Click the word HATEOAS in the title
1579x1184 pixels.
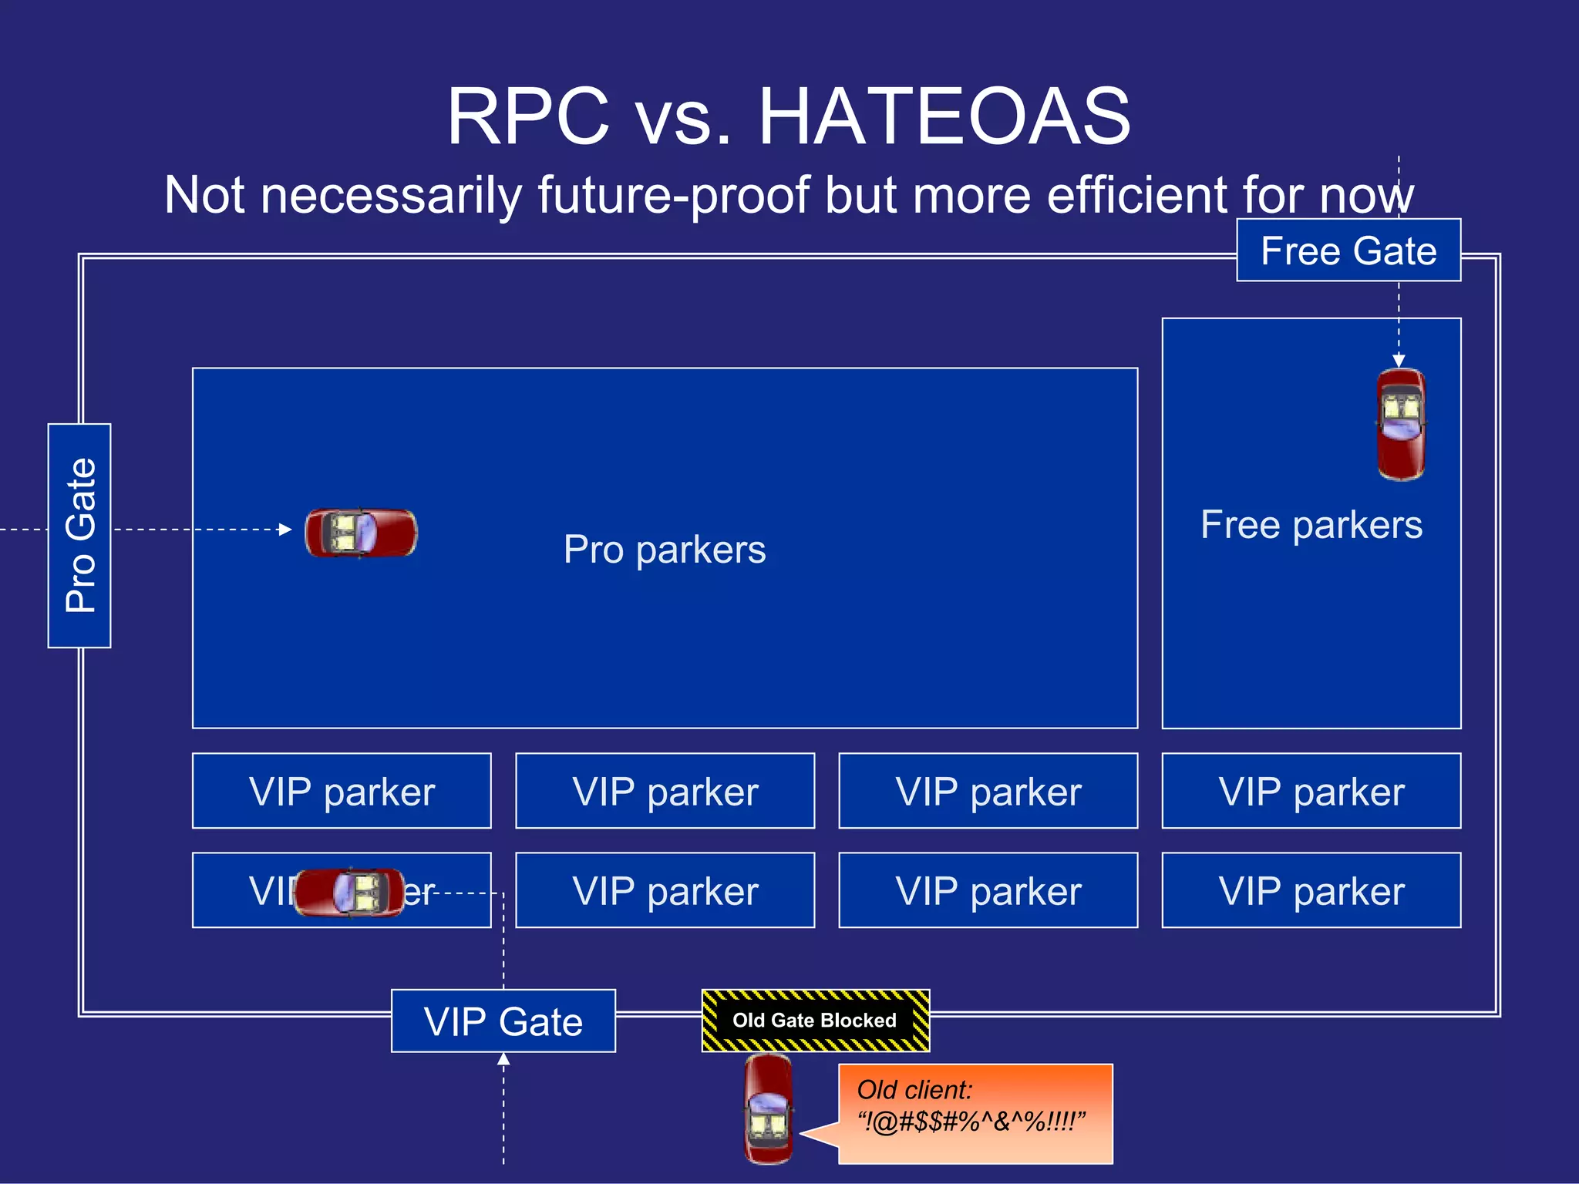tap(944, 117)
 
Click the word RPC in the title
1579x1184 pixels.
tap(529, 117)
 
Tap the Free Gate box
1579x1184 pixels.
tap(1348, 251)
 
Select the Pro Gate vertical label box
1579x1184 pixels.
tap(79, 536)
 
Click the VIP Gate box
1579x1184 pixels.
tap(503, 1021)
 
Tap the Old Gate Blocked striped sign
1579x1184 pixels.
tap(815, 1021)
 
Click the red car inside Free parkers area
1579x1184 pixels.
tap(1401, 425)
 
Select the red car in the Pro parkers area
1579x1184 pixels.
tap(361, 533)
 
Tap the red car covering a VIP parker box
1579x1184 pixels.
tap(349, 892)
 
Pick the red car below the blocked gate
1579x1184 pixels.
tap(768, 1110)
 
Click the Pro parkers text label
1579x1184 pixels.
tap(665, 550)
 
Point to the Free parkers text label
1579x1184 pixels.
tap(1311, 525)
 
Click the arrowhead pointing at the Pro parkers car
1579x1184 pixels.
tap(285, 530)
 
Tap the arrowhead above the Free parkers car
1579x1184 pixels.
tap(1399, 361)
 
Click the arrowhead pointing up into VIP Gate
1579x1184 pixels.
tap(503, 1060)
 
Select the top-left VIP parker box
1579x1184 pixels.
tap(342, 791)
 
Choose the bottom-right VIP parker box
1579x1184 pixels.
tap(1311, 890)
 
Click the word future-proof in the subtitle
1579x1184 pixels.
tap(673, 195)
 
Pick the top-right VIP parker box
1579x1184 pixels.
tap(1311, 791)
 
